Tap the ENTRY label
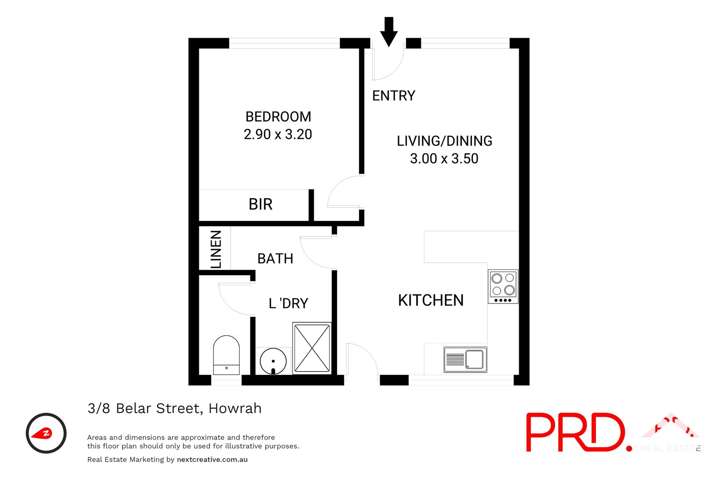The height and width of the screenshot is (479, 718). pos(394,96)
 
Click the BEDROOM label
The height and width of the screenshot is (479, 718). pos(278,117)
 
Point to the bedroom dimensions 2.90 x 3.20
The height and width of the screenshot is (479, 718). pos(278,134)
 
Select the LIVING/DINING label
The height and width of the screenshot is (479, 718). pos(444,141)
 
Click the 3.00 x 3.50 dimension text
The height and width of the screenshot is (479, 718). pos(444,158)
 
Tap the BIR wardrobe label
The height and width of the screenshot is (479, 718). pos(260,204)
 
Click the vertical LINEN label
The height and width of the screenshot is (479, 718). pos(216,249)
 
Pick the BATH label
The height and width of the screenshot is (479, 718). pos(275,259)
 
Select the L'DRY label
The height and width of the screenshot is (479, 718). pos(288,303)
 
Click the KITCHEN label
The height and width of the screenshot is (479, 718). pos(431,300)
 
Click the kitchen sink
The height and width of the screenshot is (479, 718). pos(465,360)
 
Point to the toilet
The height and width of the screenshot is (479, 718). pos(226,355)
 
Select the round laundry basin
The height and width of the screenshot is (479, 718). pos(273,360)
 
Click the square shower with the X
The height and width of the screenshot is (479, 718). pos(312,348)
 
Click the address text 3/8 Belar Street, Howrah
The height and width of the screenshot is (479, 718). pos(175,409)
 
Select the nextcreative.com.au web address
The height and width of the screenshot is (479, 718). pos(212,460)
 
